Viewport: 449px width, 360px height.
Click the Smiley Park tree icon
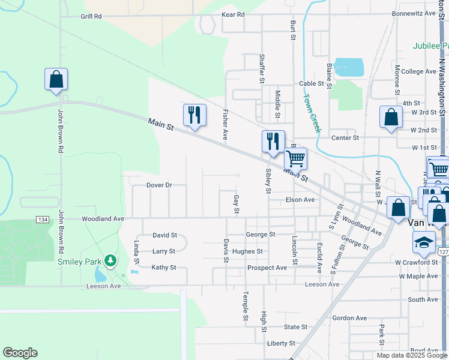coord(110,261)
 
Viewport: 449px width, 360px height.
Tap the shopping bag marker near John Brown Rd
coord(56,79)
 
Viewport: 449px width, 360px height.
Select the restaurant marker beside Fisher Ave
coord(194,114)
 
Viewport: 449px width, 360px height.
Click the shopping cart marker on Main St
coord(295,159)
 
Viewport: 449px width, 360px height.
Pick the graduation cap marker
coord(423,242)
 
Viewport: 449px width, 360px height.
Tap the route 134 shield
coord(42,219)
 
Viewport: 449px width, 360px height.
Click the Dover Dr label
coord(159,185)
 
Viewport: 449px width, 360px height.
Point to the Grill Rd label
coord(91,16)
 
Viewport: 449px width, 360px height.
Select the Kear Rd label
coord(233,14)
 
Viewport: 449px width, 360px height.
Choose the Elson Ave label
coord(300,200)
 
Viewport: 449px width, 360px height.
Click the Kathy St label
coord(164,268)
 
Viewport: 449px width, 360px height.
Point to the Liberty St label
coord(281,344)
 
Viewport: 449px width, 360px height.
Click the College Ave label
coord(418,71)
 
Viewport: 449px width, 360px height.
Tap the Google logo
coord(20,353)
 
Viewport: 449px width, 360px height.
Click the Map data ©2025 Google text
coord(411,355)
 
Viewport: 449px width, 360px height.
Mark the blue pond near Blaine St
coord(349,66)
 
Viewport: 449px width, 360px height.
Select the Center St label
coord(345,137)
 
